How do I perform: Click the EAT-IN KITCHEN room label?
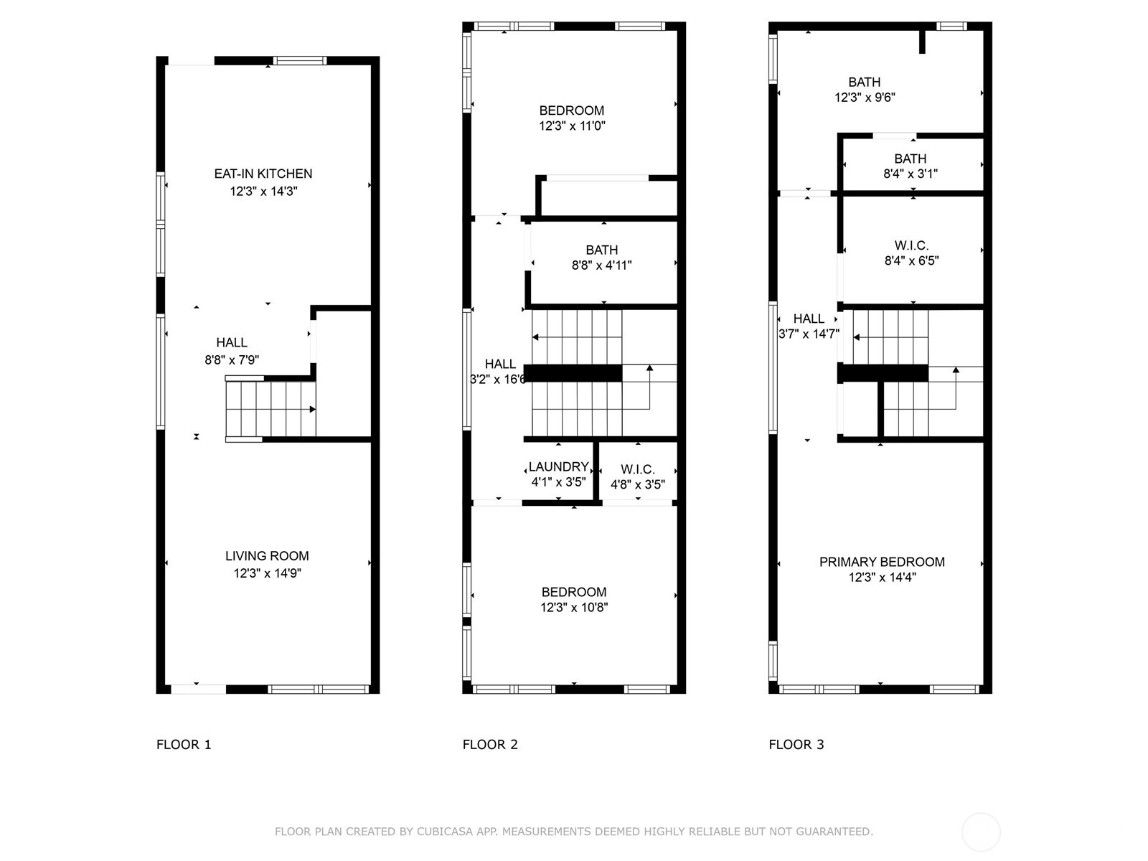[263, 174]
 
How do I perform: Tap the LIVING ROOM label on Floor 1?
[267, 555]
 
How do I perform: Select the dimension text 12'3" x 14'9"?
[267, 573]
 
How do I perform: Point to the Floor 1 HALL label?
[232, 342]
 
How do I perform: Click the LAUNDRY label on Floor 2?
[558, 466]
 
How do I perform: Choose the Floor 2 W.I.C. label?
[638, 469]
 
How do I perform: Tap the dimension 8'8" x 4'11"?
[601, 265]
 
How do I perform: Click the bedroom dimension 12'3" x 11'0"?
[572, 126]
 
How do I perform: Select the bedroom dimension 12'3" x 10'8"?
[574, 607]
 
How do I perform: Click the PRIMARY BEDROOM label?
[882, 562]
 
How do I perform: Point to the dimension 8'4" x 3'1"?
[911, 174]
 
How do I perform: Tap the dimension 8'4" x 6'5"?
[912, 260]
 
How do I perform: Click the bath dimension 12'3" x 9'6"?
[865, 98]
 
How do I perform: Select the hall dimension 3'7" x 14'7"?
[809, 334]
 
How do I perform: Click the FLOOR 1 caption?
[184, 745]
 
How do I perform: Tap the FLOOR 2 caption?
[490, 745]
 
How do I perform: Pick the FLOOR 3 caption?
[796, 745]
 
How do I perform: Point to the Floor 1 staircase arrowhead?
[313, 409]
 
